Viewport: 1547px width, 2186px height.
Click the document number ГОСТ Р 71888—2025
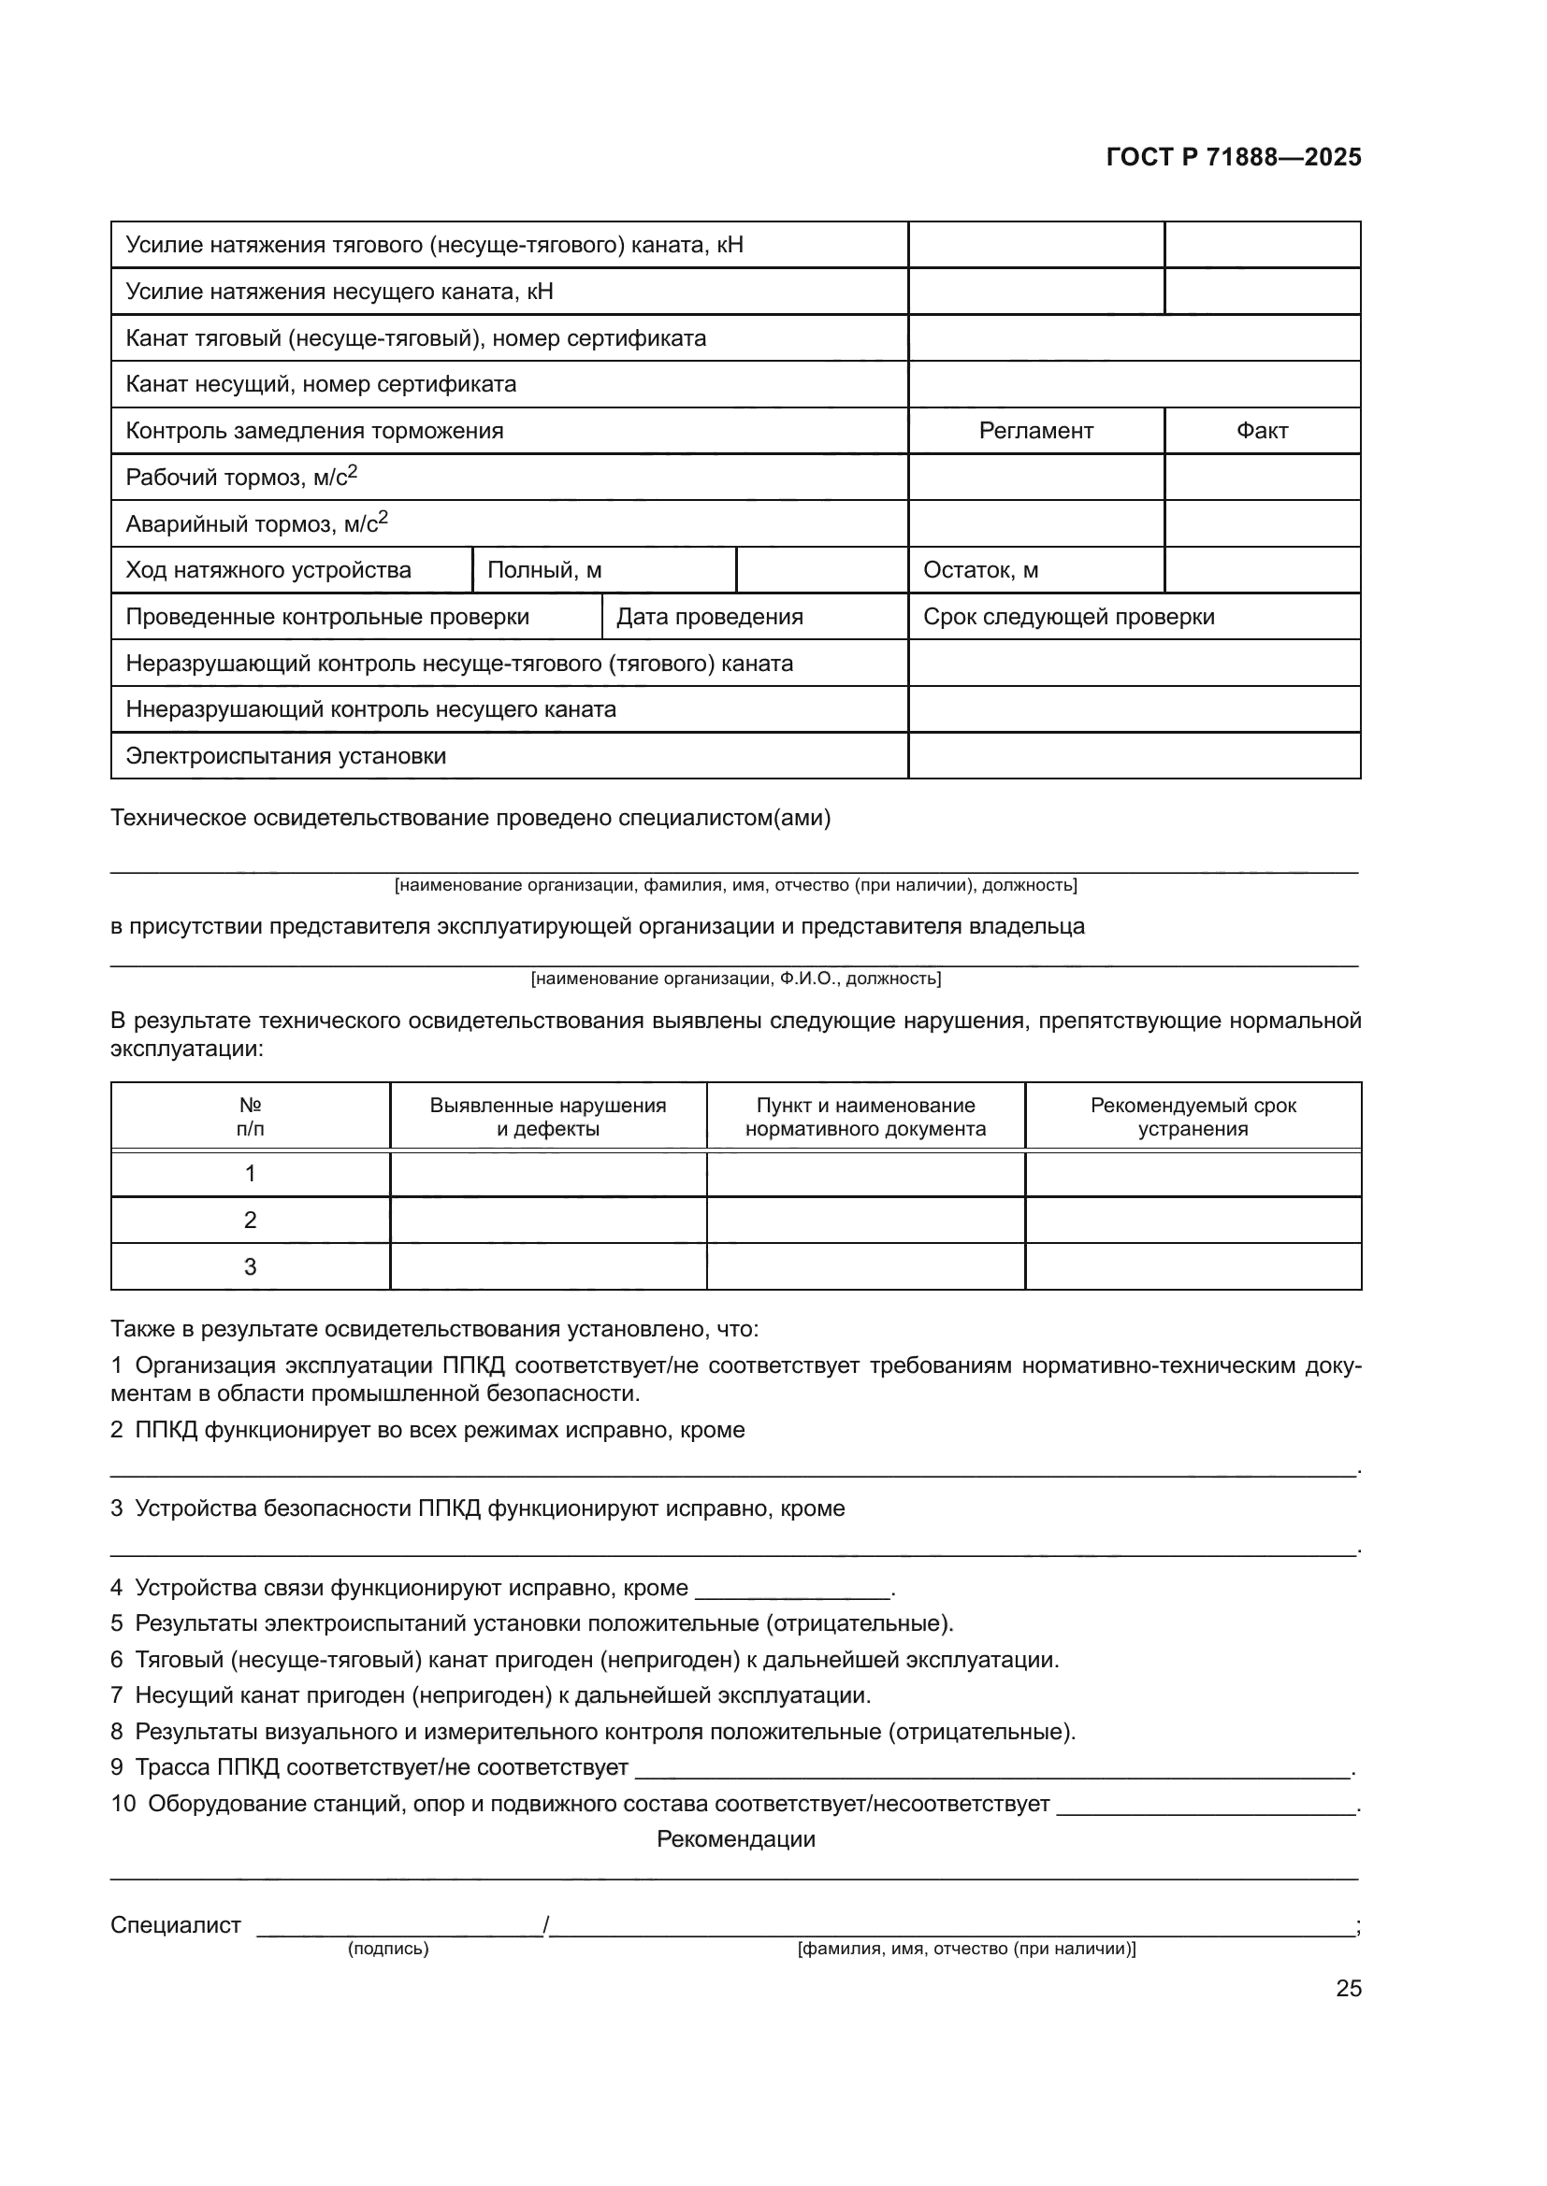point(1234,158)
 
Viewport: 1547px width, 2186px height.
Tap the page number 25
point(1348,1988)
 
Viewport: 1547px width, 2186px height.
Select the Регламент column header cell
point(1035,431)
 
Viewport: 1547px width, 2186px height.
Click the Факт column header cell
point(1261,431)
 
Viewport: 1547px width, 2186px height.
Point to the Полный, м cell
point(544,570)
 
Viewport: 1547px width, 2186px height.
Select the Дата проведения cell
point(709,617)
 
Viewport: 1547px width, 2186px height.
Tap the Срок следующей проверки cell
point(1069,617)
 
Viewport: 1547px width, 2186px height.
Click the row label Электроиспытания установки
point(286,756)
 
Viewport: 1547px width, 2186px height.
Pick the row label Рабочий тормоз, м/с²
point(241,477)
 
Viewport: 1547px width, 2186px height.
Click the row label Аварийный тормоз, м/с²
point(256,523)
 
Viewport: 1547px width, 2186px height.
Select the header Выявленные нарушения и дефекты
point(548,1117)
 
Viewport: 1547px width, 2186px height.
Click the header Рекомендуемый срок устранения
point(1193,1117)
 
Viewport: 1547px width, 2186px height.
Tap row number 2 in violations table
point(250,1220)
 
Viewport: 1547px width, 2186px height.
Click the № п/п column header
point(250,1117)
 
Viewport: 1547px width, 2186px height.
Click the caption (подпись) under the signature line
point(388,1949)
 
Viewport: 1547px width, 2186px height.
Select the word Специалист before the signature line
point(175,1925)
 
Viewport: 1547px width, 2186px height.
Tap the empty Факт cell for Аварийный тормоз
point(1261,523)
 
